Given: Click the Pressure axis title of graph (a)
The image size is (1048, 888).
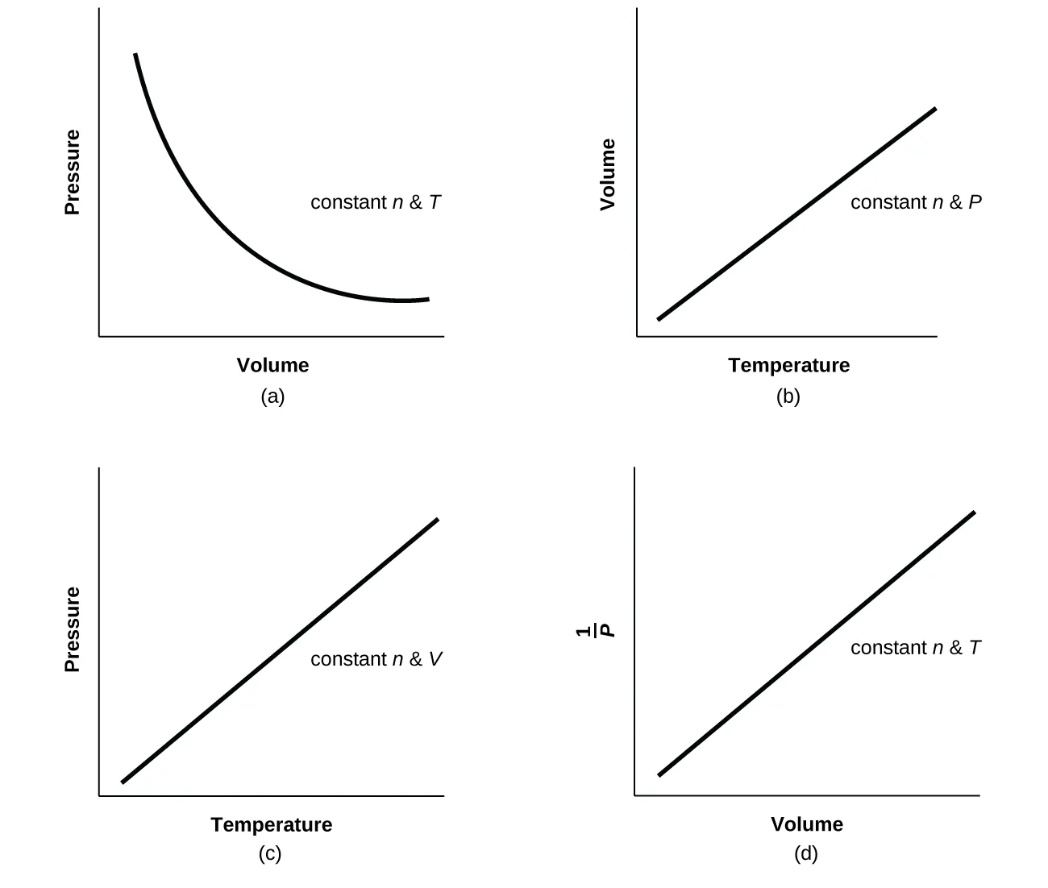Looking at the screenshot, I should [73, 172].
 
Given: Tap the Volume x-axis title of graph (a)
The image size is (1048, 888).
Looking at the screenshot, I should [272, 365].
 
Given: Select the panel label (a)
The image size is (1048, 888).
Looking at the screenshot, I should [272, 396].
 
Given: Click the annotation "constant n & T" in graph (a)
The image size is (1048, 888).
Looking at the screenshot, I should [376, 202].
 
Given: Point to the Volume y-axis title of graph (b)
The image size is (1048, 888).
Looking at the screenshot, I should [608, 174].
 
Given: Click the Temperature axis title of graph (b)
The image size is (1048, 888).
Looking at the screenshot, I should [788, 365].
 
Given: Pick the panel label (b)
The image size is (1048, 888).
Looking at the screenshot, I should [788, 396].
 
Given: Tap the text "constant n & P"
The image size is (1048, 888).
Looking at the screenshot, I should [916, 202].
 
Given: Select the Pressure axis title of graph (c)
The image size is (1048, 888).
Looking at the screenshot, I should [73, 629].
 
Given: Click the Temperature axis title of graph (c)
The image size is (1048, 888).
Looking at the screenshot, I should [271, 824].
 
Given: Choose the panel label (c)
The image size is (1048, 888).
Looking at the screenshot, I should [270, 854].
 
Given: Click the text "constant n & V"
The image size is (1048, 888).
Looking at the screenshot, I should [376, 659].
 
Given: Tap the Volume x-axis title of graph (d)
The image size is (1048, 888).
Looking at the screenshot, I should [806, 824].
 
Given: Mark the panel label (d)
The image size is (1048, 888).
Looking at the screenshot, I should [805, 854].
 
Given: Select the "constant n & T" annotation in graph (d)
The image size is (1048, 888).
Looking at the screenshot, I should [916, 648].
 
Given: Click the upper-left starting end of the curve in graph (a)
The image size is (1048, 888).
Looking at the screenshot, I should [135, 55].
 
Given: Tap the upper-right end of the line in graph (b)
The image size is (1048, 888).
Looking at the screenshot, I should [935, 109].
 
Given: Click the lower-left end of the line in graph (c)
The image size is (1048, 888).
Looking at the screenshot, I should [123, 781].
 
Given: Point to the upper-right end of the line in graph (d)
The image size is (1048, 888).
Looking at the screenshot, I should [974, 512].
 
